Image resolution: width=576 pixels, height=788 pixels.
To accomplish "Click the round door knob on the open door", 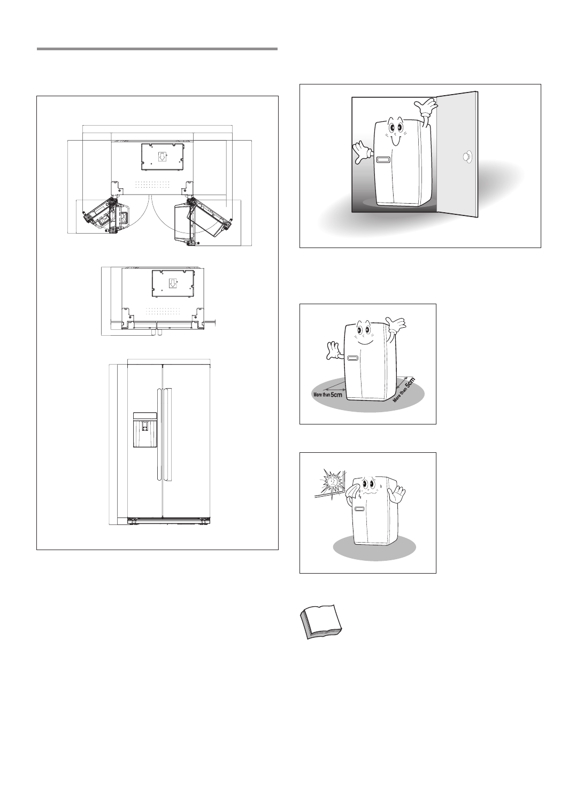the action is pyautogui.click(x=467, y=157).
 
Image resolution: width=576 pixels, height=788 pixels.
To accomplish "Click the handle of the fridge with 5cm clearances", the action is pyautogui.click(x=352, y=358).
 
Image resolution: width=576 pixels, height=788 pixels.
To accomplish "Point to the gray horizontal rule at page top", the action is pyautogui.click(x=157, y=49).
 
